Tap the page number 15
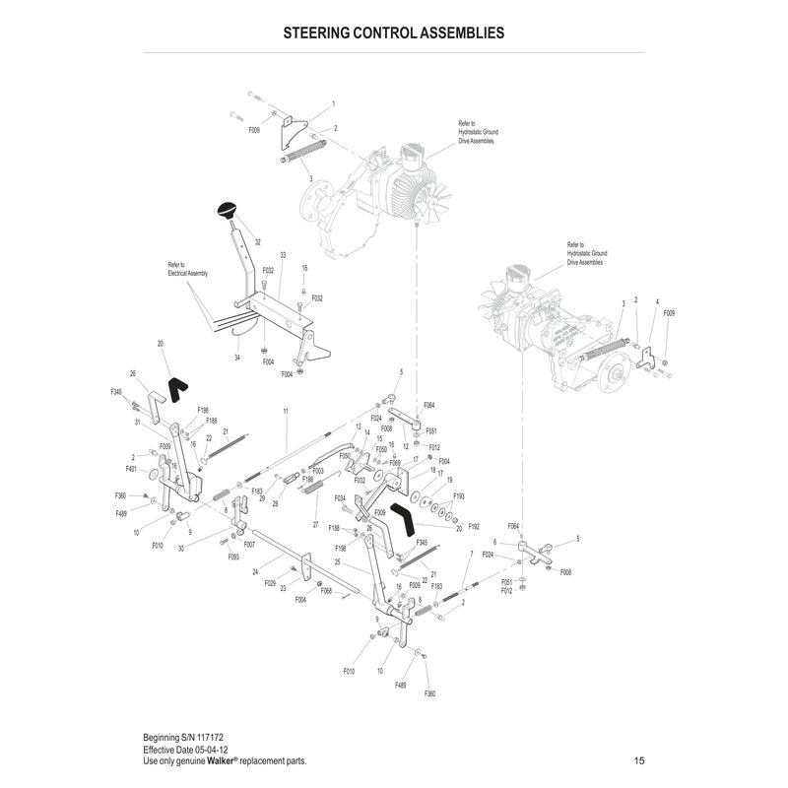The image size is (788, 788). [639, 761]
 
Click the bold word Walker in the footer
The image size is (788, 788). [220, 761]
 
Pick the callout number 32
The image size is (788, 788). [257, 241]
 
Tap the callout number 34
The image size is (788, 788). [237, 357]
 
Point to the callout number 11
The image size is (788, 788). [285, 409]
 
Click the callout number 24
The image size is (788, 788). [254, 571]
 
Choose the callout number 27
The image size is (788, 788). [315, 523]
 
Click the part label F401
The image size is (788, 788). [131, 470]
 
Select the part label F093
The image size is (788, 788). [233, 558]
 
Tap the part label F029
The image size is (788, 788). [270, 583]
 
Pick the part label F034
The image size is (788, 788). [339, 498]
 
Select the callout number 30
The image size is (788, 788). [180, 549]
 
